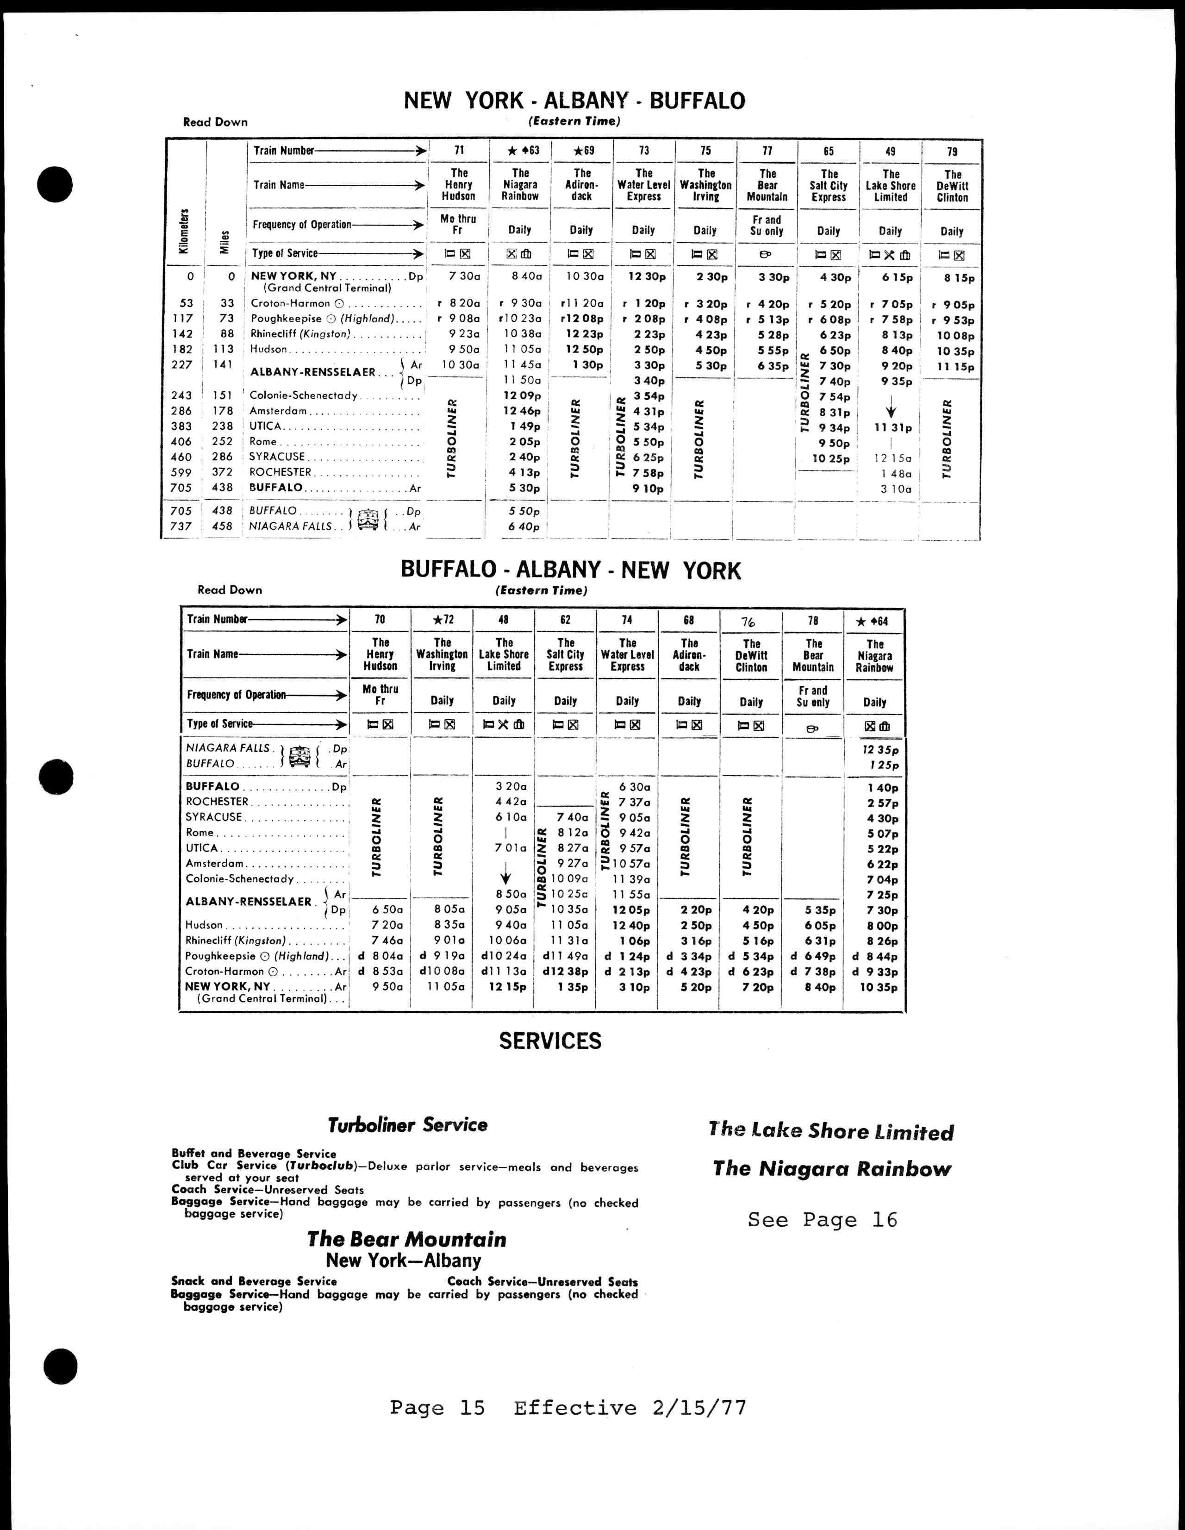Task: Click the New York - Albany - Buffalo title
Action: click(574, 101)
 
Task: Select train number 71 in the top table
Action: click(459, 150)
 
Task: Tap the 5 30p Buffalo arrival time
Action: click(524, 488)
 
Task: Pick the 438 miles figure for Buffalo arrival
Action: click(222, 488)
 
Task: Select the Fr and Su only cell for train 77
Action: click(767, 225)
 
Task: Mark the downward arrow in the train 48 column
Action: click(505, 877)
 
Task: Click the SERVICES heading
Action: click(550, 1041)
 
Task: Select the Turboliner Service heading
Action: click(408, 1125)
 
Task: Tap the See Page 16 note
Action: click(822, 1220)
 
